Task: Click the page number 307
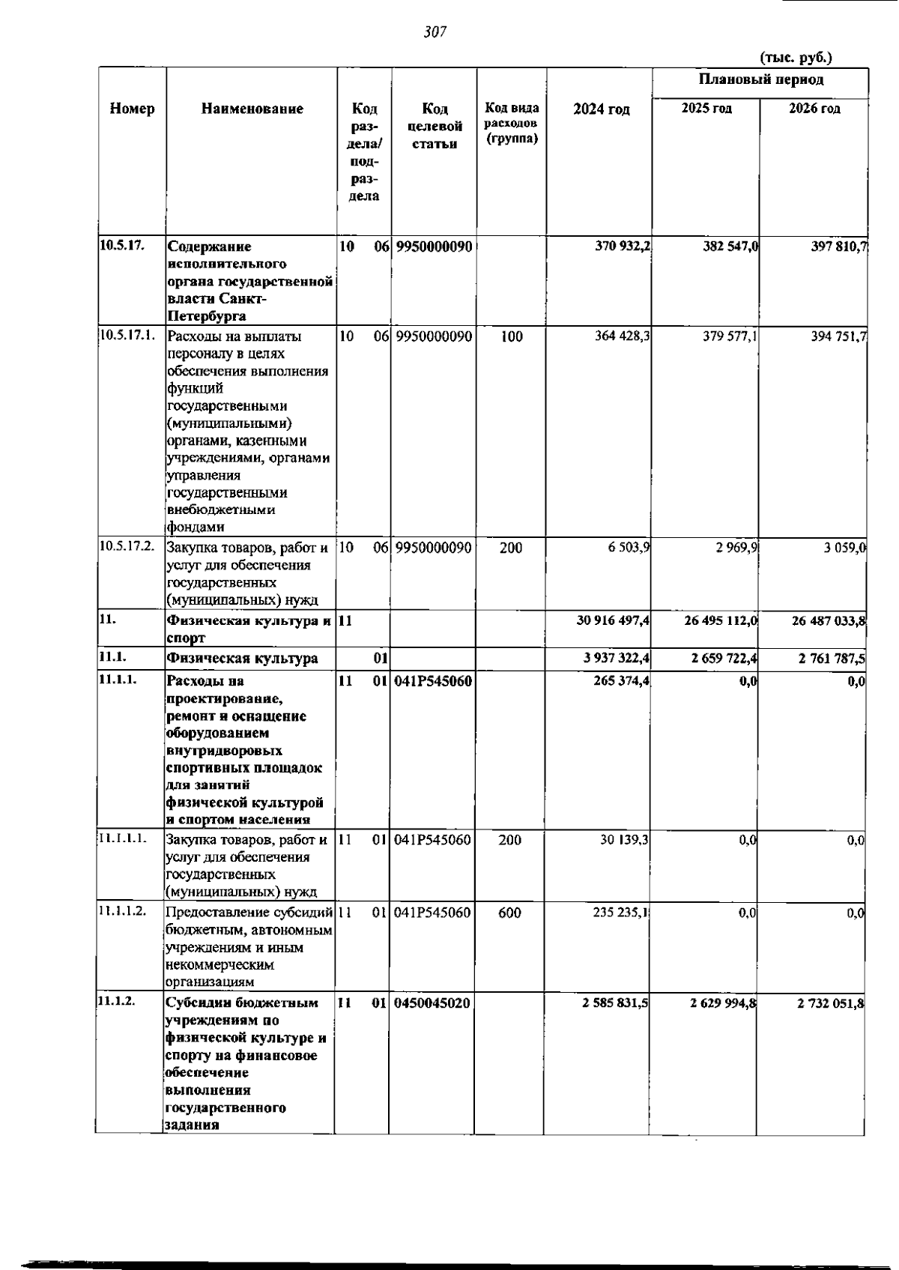pos(435,31)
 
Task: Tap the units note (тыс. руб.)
pos(796,58)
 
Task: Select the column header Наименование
pos(252,109)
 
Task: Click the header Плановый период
pos(761,79)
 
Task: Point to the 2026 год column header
pos(814,109)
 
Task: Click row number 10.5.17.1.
pos(127,336)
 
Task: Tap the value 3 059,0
pos(845,548)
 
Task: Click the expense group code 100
pos(511,336)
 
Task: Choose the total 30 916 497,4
pos(612,620)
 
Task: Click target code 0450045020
pos(433,1003)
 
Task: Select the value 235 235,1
pos(621,913)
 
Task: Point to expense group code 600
pos(509,913)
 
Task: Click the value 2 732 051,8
pos(831,1003)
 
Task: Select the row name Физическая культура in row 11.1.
pos(242,659)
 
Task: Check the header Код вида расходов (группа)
pos(512,124)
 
